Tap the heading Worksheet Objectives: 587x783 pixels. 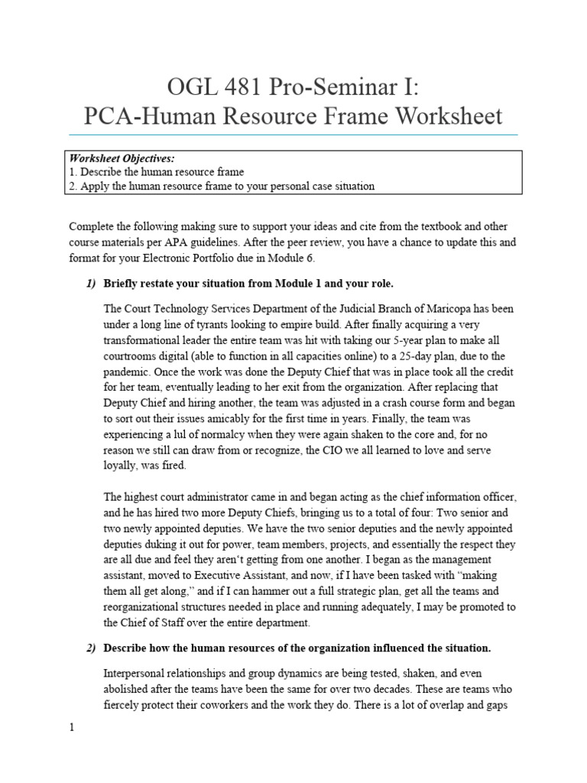pos(122,158)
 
